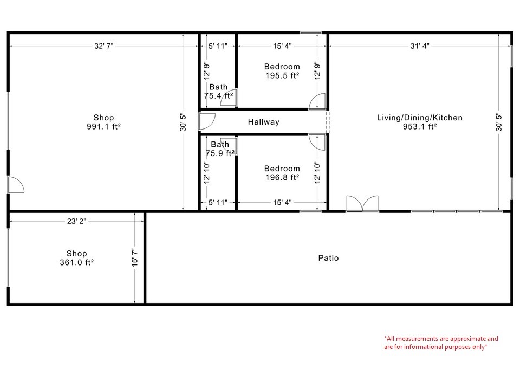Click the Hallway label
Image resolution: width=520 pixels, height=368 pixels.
tap(264, 122)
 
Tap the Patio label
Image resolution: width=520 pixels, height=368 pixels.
tap(328, 258)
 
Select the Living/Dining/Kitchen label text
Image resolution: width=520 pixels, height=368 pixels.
tap(420, 118)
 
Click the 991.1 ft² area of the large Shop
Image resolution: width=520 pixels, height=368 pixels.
tap(103, 127)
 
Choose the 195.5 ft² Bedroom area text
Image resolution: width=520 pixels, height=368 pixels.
tap(282, 76)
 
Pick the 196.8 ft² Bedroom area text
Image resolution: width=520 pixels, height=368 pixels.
tap(282, 177)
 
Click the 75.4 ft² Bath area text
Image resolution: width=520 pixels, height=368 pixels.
tap(219, 95)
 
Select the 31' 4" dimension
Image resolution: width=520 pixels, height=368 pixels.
tap(419, 47)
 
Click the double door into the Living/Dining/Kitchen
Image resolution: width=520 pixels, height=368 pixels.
tap(362, 203)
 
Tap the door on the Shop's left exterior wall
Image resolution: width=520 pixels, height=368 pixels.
tap(16, 185)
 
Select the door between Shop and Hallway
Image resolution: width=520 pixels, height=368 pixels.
tap(207, 121)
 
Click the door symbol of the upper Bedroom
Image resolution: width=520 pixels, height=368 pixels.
tap(317, 101)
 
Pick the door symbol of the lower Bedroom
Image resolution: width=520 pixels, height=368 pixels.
tap(317, 142)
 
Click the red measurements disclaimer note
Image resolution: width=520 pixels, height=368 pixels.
tap(440, 343)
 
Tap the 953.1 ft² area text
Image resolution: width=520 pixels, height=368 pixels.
tap(420, 127)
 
